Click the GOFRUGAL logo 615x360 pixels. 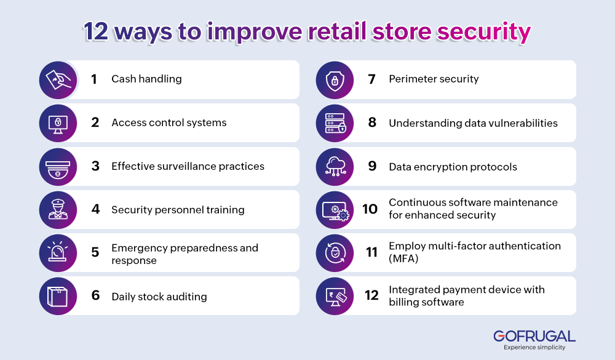click(x=534, y=336)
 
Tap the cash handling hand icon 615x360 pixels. click(x=58, y=79)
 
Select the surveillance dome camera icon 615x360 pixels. click(x=58, y=166)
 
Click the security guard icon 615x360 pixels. click(x=58, y=210)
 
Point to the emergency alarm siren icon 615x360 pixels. click(x=58, y=253)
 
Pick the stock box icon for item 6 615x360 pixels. click(x=58, y=297)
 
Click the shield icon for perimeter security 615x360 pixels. click(x=335, y=79)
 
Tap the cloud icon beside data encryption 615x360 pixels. click(x=335, y=166)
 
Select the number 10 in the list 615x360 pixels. click(x=370, y=209)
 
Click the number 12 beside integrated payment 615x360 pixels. click(x=371, y=296)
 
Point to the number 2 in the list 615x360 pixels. click(x=95, y=122)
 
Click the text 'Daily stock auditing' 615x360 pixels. click(x=159, y=297)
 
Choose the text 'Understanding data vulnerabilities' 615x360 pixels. click(x=473, y=123)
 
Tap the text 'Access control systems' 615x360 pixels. click(x=169, y=123)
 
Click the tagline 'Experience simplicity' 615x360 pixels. click(x=534, y=348)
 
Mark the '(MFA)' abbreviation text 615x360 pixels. click(x=403, y=259)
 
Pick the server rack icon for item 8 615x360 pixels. click(x=335, y=123)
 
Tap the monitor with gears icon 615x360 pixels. click(x=335, y=210)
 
